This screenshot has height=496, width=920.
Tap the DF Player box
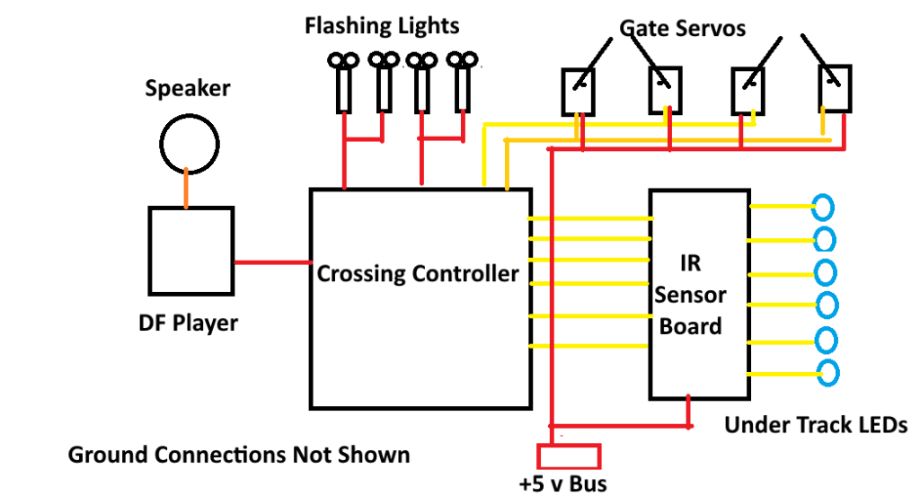coord(190,250)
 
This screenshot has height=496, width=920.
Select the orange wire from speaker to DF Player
coord(186,188)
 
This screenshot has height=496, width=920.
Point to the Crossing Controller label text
coord(418,273)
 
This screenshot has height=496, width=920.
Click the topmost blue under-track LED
coord(825,207)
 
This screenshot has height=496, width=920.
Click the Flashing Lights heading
coord(383,25)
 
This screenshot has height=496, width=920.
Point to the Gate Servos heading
coord(683,28)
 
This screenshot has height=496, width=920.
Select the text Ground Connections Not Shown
coord(239,455)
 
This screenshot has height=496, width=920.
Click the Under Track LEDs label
coord(816,425)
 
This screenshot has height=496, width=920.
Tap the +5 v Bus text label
coord(562,484)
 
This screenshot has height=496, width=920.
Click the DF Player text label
coord(190,322)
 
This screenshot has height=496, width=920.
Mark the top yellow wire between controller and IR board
coord(588,217)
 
